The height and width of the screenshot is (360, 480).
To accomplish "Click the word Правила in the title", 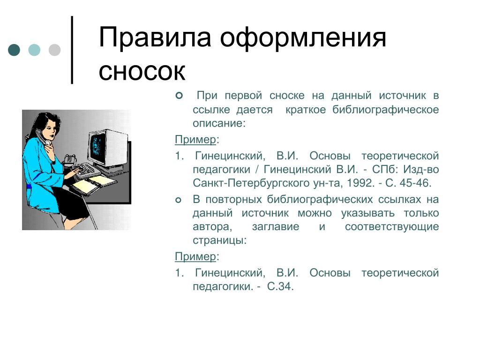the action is [x=155, y=37].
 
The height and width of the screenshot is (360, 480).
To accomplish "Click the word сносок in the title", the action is [x=142, y=71].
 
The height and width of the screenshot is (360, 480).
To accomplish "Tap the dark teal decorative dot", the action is [x=14, y=50].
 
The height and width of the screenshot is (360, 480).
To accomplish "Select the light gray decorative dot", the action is [x=54, y=50].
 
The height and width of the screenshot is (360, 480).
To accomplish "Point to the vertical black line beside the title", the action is [x=72, y=50].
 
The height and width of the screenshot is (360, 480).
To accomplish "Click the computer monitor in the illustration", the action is [x=107, y=149].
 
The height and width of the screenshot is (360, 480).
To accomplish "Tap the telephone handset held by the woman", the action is [x=42, y=136].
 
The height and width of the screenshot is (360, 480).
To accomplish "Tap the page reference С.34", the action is [x=280, y=286].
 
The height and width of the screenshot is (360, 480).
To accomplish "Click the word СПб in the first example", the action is [x=385, y=169].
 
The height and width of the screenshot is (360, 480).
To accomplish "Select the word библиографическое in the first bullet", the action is [x=386, y=110].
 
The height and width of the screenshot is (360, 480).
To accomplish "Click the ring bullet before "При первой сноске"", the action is [x=179, y=96].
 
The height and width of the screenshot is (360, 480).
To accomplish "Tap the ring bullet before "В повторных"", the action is [x=179, y=200].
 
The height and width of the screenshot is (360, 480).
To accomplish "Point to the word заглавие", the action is [x=276, y=227].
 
